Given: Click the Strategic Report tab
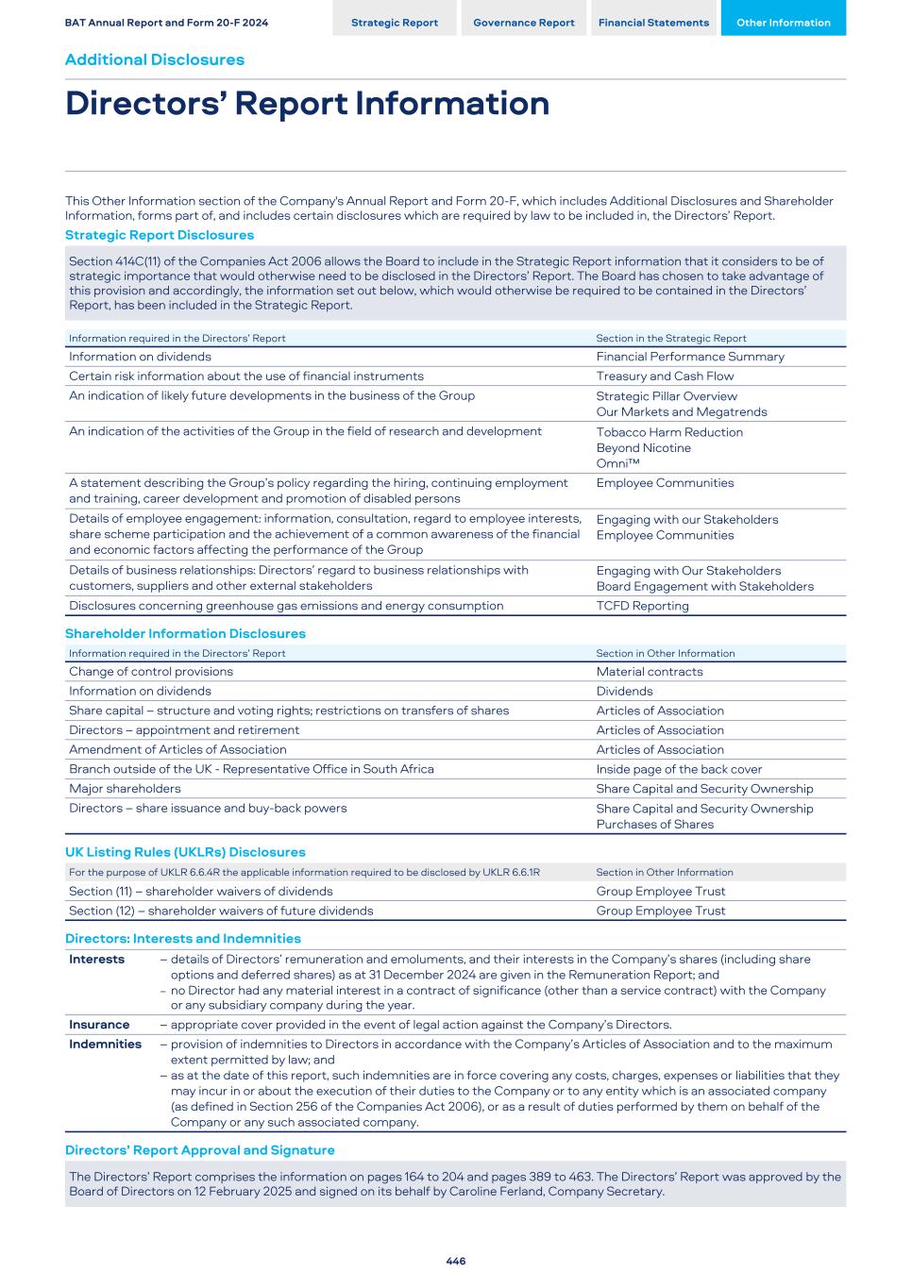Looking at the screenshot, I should coord(394,23).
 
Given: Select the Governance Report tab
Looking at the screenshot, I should coord(523,23).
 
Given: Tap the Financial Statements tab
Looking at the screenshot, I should coord(653,23).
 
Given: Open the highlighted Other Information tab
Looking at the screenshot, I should coord(783,23).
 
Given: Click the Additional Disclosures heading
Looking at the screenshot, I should coord(154,59).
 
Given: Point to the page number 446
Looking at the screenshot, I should coord(456,1261).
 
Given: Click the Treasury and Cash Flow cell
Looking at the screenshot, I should coord(665,376).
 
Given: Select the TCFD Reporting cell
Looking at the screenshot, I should coord(642,606).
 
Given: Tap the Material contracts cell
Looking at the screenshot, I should coord(649,672).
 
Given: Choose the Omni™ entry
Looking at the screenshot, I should coord(617,463).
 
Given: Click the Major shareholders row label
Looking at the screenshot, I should coord(125,789).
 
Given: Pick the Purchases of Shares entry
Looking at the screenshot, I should coord(654,824).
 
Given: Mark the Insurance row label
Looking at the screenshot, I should coord(99,1025).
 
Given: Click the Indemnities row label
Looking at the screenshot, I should coord(105,1045).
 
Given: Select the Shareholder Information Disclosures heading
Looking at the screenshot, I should coord(185,633).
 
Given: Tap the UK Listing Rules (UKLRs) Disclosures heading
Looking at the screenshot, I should coord(185,852).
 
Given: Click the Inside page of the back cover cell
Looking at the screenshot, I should coord(679,769).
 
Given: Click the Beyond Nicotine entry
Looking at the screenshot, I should coord(643,448).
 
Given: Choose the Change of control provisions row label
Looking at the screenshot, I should coord(151,672).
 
